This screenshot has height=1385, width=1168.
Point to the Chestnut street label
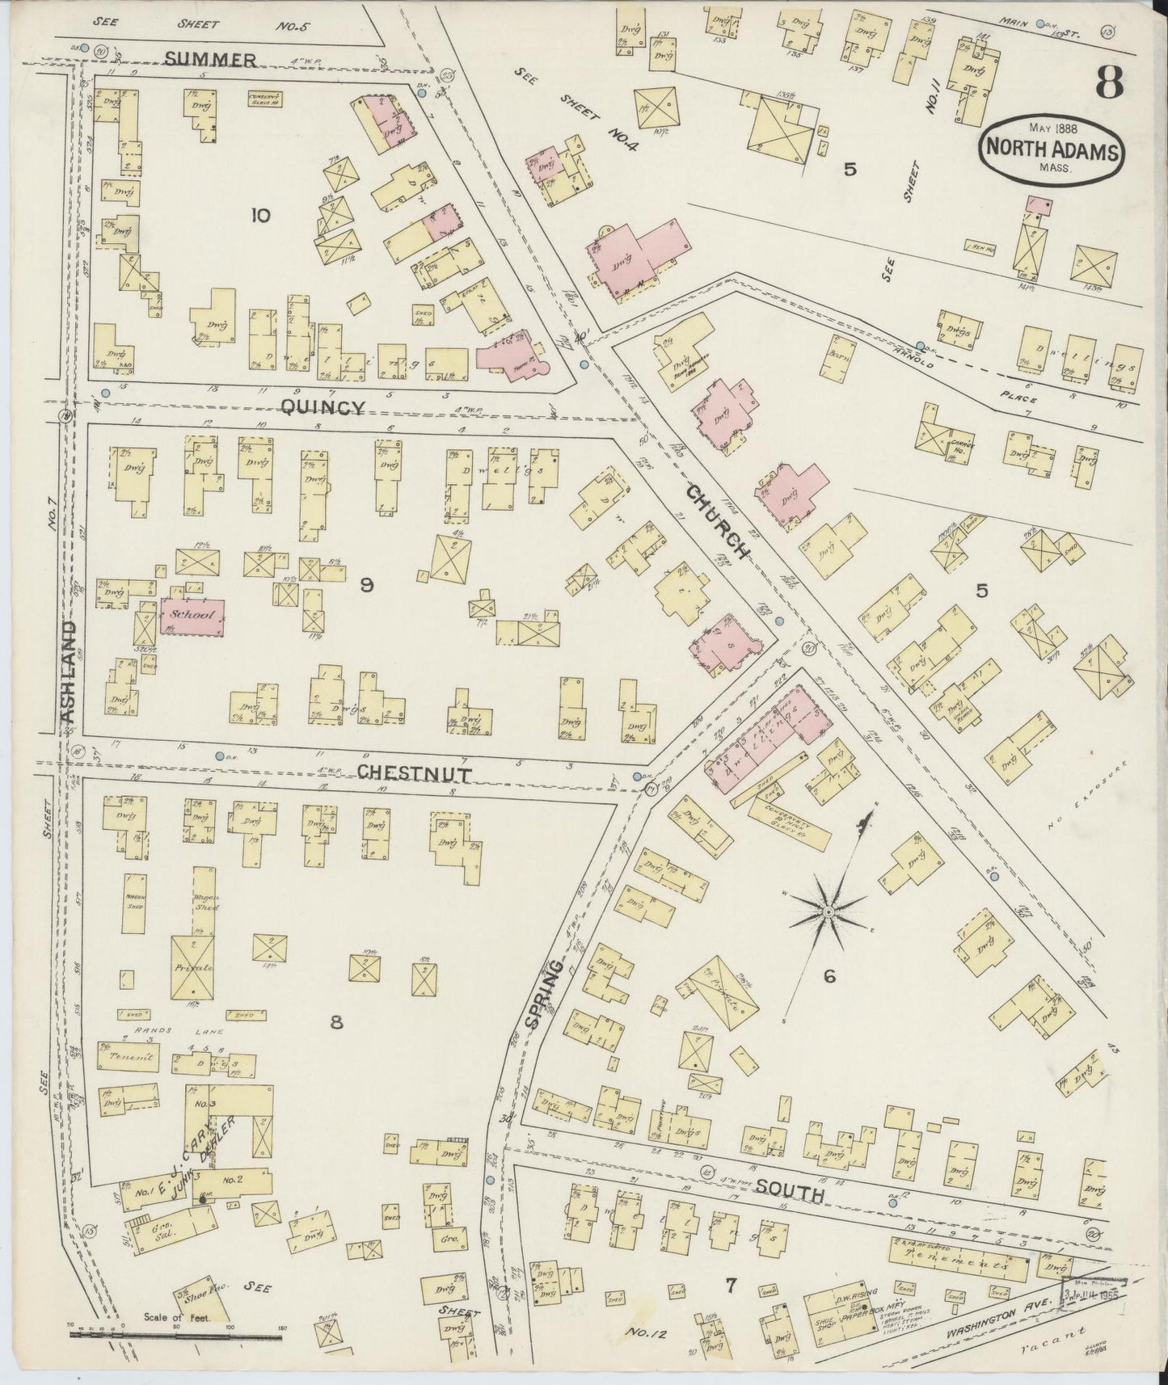coord(415,772)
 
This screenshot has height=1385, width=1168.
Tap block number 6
coord(829,977)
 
